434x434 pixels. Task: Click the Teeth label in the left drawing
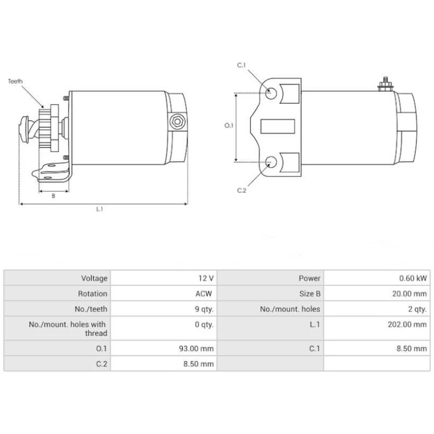click(x=16, y=81)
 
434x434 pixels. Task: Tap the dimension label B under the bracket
click(x=53, y=196)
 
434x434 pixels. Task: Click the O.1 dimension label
click(x=228, y=125)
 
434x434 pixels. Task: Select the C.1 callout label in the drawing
click(x=242, y=66)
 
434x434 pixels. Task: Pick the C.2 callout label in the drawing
click(x=242, y=190)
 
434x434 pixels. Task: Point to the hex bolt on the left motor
click(x=176, y=122)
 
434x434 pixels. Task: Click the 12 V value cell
click(x=206, y=278)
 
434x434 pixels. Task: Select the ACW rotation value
click(x=206, y=293)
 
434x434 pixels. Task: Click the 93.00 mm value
click(x=198, y=349)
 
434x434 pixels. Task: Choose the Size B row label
click(x=309, y=293)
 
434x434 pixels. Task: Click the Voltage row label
click(x=94, y=278)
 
